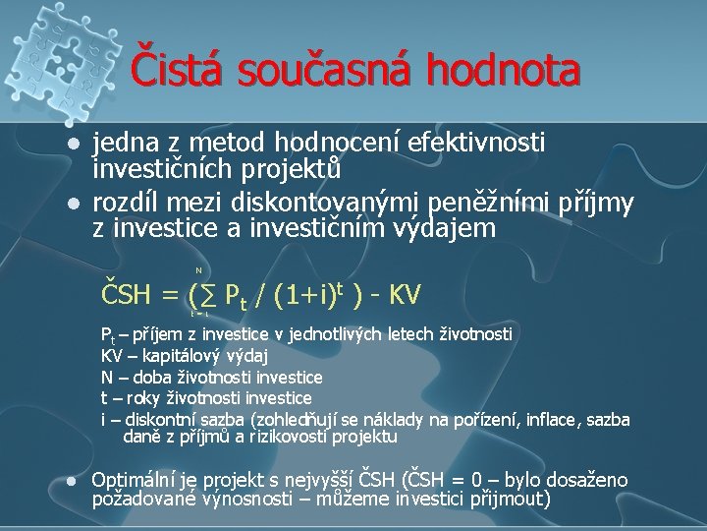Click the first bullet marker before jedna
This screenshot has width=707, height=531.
(x=72, y=145)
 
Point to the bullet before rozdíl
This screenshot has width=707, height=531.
(x=72, y=204)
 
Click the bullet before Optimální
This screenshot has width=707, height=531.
(x=72, y=482)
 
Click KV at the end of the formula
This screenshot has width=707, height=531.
(x=406, y=293)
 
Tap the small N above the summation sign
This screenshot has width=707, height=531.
(x=198, y=268)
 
